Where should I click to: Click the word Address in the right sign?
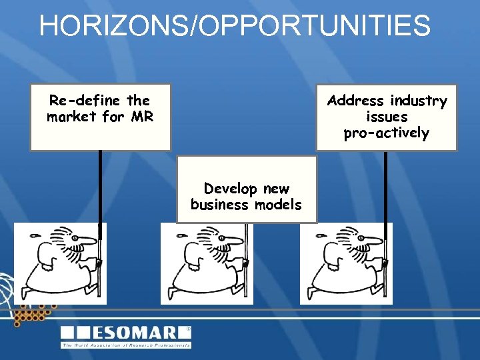pyautogui.click(x=356, y=101)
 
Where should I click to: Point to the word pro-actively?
pyautogui.click(x=387, y=133)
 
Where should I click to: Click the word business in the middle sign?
pyautogui.click(x=219, y=205)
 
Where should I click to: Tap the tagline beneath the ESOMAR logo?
pyautogui.click(x=126, y=345)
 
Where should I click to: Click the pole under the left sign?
pyautogui.click(x=100, y=187)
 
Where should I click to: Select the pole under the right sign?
pyautogui.click(x=385, y=187)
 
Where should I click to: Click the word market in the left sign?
pyautogui.click(x=71, y=117)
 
